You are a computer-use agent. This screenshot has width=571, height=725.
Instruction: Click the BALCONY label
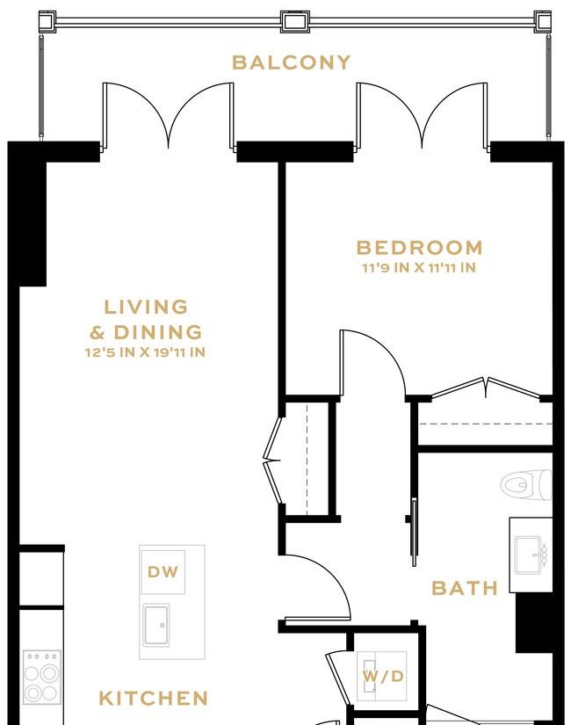(x=291, y=62)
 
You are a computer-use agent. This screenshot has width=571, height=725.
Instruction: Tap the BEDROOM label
(x=419, y=247)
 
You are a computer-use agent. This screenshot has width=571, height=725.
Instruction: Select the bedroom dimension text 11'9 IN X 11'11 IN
(x=419, y=268)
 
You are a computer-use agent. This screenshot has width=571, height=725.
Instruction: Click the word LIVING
(x=146, y=307)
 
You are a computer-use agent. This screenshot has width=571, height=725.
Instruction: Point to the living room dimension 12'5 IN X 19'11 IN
(x=145, y=352)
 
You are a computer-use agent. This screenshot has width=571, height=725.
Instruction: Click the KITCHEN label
(x=154, y=698)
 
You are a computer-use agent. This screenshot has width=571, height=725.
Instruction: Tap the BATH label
(x=465, y=588)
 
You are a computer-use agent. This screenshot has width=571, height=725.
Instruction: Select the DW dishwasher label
(x=163, y=572)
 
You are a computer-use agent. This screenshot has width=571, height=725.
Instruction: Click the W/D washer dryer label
(x=383, y=677)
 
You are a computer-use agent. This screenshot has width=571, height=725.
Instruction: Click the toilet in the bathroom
(x=526, y=485)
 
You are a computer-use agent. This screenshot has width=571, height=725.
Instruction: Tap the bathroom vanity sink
(x=531, y=555)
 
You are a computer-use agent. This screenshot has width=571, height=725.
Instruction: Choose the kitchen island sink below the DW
(x=155, y=625)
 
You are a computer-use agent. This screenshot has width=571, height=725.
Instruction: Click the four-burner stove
(x=42, y=677)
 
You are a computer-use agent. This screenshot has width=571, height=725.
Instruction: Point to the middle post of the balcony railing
(x=294, y=21)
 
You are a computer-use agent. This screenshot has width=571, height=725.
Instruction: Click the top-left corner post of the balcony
(x=47, y=22)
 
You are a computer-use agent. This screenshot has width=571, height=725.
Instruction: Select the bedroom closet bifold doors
(x=486, y=388)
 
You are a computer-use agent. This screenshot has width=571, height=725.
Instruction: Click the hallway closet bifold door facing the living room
(x=272, y=460)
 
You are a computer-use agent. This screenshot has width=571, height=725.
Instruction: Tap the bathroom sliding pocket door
(x=414, y=532)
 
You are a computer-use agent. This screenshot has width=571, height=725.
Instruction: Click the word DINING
(x=157, y=332)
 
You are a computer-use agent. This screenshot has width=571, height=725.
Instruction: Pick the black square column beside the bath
(x=534, y=622)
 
